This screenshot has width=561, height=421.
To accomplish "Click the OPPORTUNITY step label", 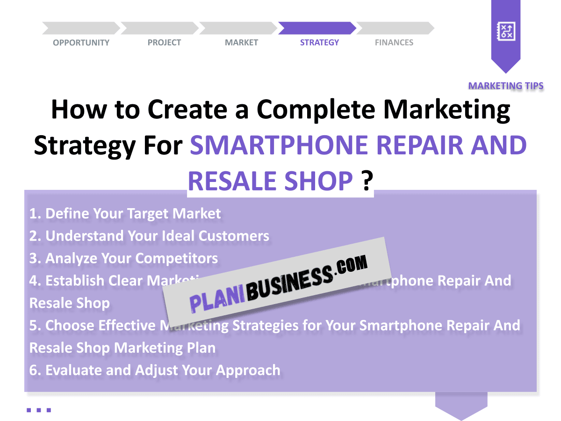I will coord(81,43).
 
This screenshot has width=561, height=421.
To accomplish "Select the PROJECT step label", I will coord(164,43).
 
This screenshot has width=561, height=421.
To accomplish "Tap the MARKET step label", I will coord(241,43).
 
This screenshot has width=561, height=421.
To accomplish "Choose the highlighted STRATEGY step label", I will coord(319,43).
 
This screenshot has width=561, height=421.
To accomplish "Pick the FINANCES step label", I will coord(394,43).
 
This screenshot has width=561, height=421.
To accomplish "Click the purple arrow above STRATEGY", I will coord(317,28).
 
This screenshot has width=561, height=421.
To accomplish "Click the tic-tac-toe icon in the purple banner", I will coord(506,32).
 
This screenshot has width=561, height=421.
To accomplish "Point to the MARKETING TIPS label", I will coord(506,86).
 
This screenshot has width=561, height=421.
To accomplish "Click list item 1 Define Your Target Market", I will coord(125,214).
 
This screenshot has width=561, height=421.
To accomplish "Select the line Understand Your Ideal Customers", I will coord(149,236).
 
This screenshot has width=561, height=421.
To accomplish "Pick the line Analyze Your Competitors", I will coord(123,258).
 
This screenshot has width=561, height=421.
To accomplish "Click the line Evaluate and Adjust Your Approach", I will coord(155,370).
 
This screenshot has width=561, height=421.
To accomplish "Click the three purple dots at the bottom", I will coord(39,410).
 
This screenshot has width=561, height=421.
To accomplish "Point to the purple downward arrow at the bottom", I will coord(461,406).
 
